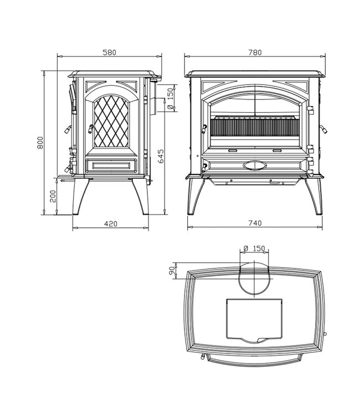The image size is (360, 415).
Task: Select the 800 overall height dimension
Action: [x=40, y=143]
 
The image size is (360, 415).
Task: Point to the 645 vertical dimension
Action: [x=161, y=157]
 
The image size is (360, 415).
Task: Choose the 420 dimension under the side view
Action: [x=111, y=224]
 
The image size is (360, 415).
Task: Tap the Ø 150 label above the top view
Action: [x=255, y=248]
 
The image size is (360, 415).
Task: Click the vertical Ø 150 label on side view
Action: [x=170, y=101]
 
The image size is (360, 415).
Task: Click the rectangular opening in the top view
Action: [x=254, y=320]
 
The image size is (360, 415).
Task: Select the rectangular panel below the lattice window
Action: [x=111, y=164]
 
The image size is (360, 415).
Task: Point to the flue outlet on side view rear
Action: [x=156, y=100]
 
